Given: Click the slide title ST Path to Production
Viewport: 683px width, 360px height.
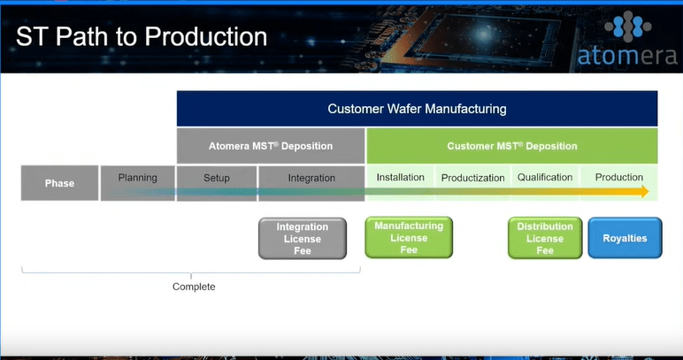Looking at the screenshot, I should (x=142, y=37).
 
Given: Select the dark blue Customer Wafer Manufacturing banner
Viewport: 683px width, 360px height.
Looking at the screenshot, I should (x=417, y=109).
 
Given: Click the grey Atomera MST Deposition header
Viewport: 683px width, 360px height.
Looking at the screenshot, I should (x=271, y=146).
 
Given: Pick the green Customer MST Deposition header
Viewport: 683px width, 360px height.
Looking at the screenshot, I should (x=511, y=146).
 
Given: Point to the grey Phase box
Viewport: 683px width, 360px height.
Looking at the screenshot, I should (x=59, y=183).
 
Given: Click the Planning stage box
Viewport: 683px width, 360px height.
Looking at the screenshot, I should (x=137, y=179).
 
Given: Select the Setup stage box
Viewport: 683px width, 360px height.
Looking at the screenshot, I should (x=217, y=179).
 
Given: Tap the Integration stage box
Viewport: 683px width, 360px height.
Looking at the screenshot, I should (x=311, y=179).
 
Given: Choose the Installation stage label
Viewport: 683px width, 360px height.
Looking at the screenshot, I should (x=400, y=178).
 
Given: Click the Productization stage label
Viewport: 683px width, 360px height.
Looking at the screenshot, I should (x=472, y=178).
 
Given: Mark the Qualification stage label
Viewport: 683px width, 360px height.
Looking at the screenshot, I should (x=545, y=178).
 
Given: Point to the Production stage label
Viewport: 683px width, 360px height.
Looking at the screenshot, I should (x=619, y=178).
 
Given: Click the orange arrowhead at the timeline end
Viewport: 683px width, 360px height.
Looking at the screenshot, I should (x=643, y=192).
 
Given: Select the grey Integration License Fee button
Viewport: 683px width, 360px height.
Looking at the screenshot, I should (x=303, y=239).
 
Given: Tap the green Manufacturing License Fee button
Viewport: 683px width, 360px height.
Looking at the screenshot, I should (x=409, y=238).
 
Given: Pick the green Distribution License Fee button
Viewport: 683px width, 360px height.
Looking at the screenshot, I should (x=545, y=238).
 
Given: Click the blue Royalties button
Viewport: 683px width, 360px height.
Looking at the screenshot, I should (x=625, y=238).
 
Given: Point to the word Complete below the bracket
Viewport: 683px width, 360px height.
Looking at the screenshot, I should (x=194, y=287).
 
